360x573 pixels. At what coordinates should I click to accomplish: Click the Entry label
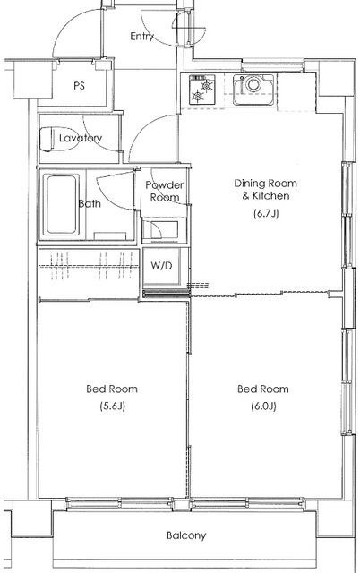(x=141, y=37)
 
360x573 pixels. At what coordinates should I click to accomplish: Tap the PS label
(x=80, y=86)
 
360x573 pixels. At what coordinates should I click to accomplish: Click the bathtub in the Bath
(x=61, y=205)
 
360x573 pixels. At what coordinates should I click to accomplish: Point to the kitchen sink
(x=253, y=90)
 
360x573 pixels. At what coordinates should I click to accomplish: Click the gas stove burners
(x=201, y=89)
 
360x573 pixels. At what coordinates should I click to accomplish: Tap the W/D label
(x=161, y=266)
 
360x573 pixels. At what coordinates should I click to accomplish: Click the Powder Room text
(x=165, y=191)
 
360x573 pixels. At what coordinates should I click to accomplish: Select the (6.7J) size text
(x=266, y=213)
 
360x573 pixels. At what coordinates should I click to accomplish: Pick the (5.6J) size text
(x=113, y=406)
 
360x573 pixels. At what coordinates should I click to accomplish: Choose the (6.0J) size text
(x=263, y=406)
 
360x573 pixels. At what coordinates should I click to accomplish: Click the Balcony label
(x=186, y=535)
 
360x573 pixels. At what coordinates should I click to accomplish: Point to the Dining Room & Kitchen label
(x=266, y=189)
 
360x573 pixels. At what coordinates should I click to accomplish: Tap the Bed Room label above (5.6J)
(x=112, y=389)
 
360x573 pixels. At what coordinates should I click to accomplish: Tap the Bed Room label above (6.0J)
(x=263, y=389)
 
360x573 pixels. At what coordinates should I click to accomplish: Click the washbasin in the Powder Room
(x=165, y=230)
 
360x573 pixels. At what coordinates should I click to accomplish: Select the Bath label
(x=90, y=203)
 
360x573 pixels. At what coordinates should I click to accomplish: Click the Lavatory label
(x=81, y=138)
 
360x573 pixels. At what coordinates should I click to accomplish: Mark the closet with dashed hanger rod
(x=90, y=273)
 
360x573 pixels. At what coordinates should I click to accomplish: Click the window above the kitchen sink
(x=272, y=66)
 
